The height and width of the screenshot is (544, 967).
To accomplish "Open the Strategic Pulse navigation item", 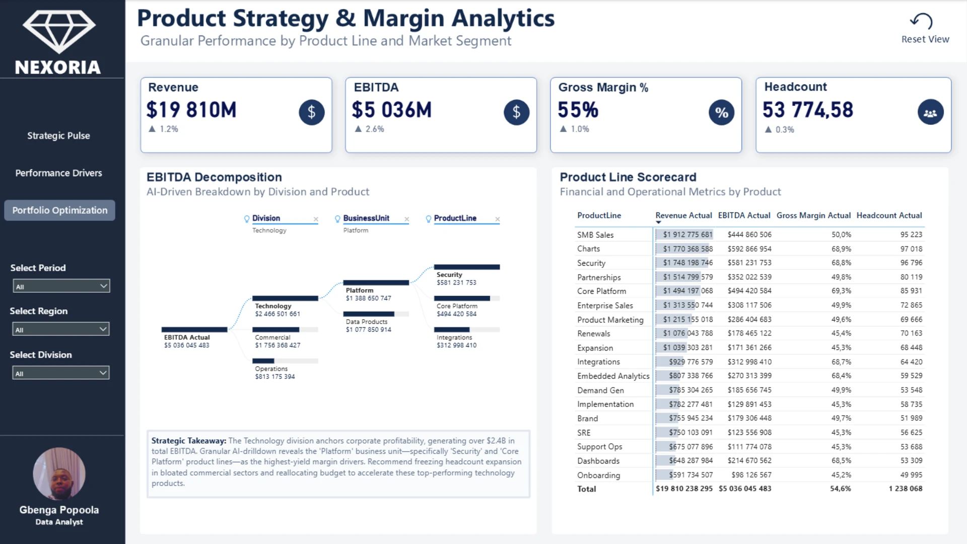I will coord(58,135).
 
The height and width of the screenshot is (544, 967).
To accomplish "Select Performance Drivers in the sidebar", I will coord(58,173).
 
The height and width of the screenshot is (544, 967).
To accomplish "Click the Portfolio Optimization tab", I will coord(59,210).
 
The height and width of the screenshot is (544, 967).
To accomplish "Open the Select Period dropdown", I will coord(61,286).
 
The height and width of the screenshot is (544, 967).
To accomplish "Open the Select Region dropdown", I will coord(61,329).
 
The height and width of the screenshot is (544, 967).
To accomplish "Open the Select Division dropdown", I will coord(61,373).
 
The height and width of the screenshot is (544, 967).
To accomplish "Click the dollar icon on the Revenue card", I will coord(311,112).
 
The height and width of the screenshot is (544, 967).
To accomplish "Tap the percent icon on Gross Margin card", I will coord(721,112).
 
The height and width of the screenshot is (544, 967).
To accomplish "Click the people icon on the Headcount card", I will coord(930,112).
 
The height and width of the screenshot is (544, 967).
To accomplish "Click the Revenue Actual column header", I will coord(683,216).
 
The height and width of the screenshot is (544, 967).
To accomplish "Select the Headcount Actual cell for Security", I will coord(911,263).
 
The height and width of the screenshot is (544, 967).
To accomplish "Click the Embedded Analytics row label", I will coord(613,376).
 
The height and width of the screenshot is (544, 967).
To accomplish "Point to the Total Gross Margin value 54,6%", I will coord(840,489).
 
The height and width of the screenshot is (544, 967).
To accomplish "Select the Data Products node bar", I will coord(375,314).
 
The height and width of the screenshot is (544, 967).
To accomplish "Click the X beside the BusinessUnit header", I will coord(406,219).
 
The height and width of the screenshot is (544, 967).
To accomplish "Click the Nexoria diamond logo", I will coord(59,31).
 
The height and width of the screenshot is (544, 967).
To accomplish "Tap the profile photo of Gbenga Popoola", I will coord(59,473).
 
